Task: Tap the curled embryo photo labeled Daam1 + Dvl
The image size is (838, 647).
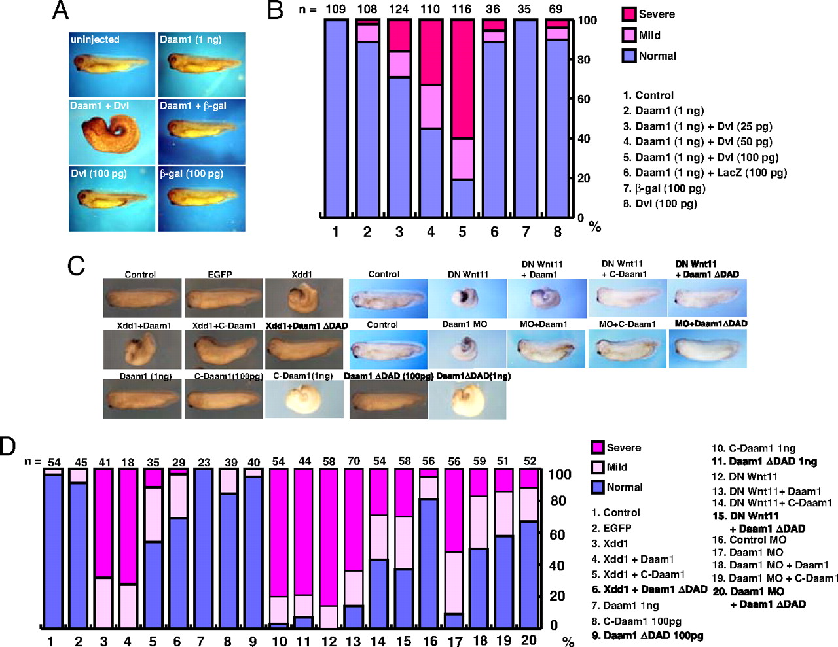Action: point(112,131)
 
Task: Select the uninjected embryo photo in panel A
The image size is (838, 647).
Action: point(112,65)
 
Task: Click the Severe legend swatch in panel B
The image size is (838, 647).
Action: point(629,14)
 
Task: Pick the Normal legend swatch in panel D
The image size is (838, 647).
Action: point(597,487)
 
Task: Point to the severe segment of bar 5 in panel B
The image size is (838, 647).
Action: point(462,79)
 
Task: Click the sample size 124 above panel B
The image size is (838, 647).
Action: point(399,9)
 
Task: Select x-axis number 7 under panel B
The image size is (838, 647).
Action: point(525,232)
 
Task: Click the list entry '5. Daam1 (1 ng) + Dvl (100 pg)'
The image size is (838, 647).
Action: point(701,157)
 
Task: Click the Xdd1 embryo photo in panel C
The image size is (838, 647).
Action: point(304,298)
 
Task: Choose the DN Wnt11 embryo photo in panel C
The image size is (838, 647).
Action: point(467,298)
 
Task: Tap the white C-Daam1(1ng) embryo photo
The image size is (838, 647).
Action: point(304,399)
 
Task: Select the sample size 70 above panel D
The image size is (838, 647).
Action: point(354,461)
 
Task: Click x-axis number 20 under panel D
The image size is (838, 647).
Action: point(529,640)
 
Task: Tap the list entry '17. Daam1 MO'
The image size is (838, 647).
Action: point(747,552)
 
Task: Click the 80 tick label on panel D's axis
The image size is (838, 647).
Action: point(558,501)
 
